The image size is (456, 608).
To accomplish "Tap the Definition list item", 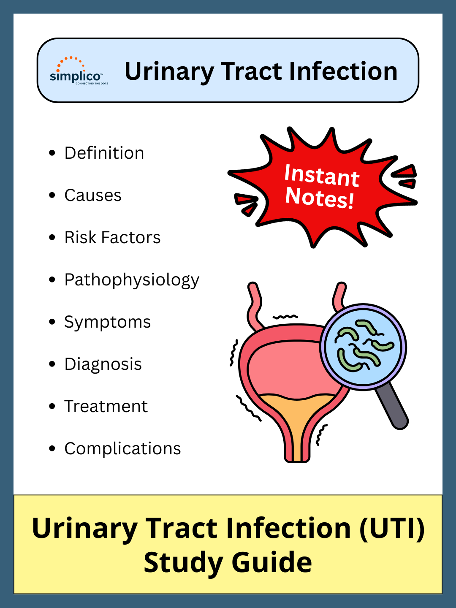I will tap(104, 153).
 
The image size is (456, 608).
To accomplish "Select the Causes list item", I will tap(92, 195).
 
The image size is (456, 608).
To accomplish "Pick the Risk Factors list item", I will tap(112, 237).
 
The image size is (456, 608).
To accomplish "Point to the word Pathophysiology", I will tap(131, 280).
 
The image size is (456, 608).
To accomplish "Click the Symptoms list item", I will tap(107, 322).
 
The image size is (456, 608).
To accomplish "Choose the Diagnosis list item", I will tap(103, 364).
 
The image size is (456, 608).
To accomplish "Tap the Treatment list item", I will tap(106, 406).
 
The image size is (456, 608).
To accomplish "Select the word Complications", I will tap(122, 448).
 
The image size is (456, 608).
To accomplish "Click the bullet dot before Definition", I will tap(52, 153).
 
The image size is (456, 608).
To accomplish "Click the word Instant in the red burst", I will tap(321, 175).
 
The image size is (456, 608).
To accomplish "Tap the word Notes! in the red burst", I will tap(319, 198).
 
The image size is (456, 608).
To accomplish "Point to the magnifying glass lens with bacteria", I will tap(363, 347).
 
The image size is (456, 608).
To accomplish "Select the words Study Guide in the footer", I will tap(228, 563).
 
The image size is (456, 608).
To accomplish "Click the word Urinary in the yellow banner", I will tap(84, 529).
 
